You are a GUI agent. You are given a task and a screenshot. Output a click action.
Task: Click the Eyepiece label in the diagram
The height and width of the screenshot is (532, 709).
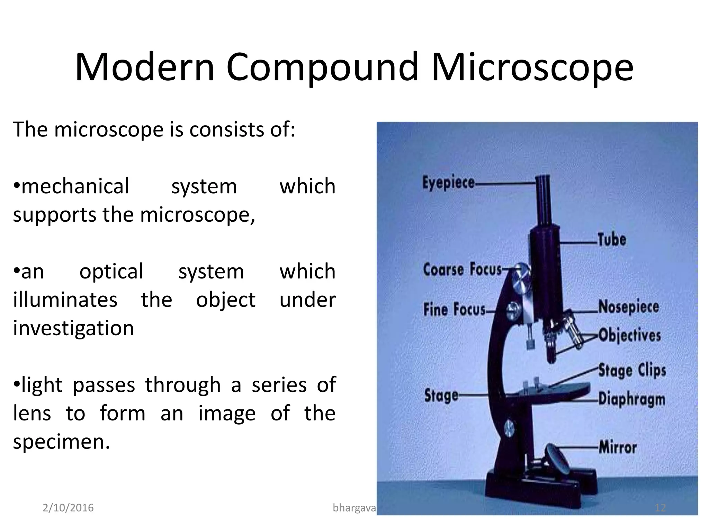(448, 183)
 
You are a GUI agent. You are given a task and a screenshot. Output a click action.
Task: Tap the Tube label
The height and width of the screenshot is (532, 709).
(612, 240)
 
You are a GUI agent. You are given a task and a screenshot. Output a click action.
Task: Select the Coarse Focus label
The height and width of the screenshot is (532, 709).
(462, 269)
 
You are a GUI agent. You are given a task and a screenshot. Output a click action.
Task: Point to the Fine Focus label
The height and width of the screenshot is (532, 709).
(454, 309)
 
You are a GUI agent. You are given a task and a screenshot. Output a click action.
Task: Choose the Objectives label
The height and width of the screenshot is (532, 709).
(629, 335)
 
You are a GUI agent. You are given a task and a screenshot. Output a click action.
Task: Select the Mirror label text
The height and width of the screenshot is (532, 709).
(618, 447)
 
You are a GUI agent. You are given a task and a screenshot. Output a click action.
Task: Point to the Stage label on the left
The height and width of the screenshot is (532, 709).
(441, 395)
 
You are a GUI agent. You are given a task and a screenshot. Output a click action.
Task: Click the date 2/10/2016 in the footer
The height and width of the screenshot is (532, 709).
(68, 508)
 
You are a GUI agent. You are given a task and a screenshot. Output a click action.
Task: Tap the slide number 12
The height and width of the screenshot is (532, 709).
(661, 508)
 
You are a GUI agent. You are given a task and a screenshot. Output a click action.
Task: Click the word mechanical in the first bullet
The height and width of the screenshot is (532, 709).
(75, 186)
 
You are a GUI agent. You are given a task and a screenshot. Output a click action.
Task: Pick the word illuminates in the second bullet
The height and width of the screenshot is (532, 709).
(65, 300)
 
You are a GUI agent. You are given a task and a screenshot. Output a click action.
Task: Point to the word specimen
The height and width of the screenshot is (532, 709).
(61, 442)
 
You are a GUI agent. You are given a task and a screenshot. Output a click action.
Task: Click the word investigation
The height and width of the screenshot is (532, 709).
(73, 328)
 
